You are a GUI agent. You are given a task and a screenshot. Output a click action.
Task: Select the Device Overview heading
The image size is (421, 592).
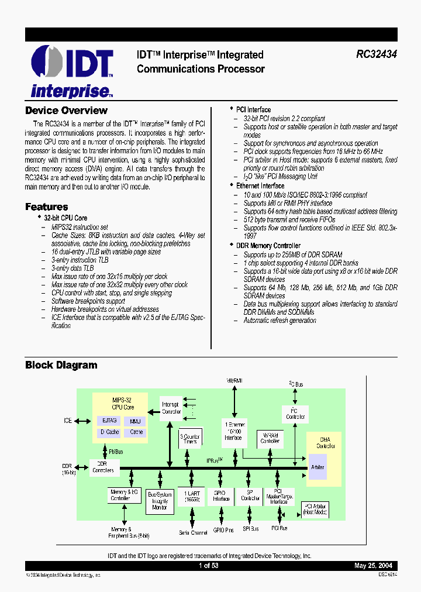[66, 111]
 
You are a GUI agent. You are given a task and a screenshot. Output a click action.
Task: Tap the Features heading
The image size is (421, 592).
[46, 206]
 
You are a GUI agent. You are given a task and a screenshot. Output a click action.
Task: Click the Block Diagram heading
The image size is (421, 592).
[61, 365]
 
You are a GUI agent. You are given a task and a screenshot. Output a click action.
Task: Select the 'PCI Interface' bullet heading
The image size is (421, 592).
[253, 109]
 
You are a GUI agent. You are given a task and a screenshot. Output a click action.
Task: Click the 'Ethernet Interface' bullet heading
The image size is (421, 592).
[260, 185]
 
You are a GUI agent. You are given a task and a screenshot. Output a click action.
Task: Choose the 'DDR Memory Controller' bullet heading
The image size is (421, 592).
[268, 246]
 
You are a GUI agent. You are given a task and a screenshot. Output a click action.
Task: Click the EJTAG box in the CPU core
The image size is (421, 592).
[109, 421]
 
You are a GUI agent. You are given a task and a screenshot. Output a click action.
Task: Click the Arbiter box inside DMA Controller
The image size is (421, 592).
[318, 467]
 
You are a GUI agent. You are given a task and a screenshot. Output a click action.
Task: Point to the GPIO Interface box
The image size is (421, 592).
[221, 496]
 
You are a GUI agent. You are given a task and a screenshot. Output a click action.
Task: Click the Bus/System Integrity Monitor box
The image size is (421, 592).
[160, 501]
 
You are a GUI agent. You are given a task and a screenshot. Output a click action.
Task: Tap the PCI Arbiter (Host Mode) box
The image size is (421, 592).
[315, 509]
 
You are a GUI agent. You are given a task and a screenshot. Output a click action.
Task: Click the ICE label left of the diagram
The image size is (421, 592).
[68, 421]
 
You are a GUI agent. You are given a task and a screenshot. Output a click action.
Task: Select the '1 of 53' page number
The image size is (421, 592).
[208, 566]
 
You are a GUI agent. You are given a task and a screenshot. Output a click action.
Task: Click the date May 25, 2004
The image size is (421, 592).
[373, 566]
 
